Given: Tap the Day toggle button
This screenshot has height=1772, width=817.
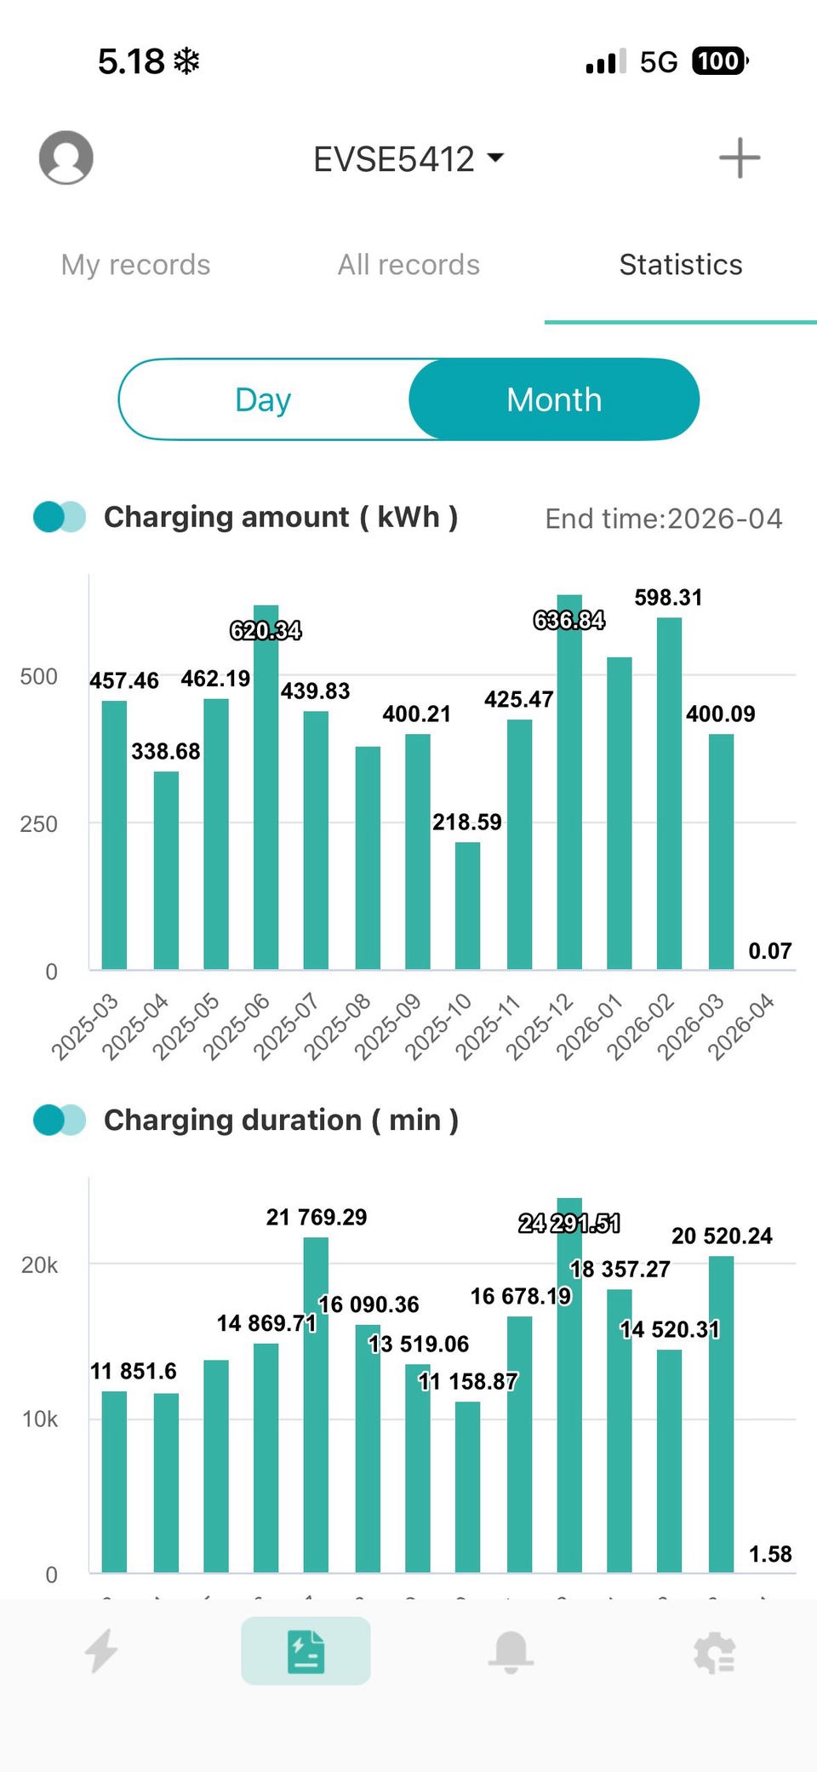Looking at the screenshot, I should (264, 399).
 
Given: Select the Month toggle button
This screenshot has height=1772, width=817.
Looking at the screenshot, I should (554, 399).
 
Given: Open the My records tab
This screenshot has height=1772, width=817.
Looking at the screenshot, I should (135, 265).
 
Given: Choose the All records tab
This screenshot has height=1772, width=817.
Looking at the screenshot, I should (408, 265).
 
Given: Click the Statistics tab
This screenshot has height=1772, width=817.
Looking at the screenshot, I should (681, 265).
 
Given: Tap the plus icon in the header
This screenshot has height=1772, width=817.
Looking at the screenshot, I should (739, 158).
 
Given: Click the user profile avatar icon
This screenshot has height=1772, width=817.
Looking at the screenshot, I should (66, 158).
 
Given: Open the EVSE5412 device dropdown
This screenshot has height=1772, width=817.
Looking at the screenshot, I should (408, 159).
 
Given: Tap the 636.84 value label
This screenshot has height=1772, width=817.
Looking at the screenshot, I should (568, 620).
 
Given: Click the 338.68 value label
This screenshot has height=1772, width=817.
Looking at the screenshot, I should (166, 751).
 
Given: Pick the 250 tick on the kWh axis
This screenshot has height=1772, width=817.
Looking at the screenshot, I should (39, 824).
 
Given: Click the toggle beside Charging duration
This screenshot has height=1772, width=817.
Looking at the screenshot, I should (60, 1120).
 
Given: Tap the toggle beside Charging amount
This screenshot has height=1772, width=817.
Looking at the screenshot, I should (60, 517).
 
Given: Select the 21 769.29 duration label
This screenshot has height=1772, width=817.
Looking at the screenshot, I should (317, 1217).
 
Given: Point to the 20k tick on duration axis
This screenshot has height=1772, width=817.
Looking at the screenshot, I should (39, 1265).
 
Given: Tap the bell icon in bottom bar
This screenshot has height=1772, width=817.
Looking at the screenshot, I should (511, 1652).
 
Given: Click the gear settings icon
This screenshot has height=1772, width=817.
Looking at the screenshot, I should (714, 1652).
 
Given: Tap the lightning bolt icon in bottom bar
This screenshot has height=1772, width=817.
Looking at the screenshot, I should (102, 1651).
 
